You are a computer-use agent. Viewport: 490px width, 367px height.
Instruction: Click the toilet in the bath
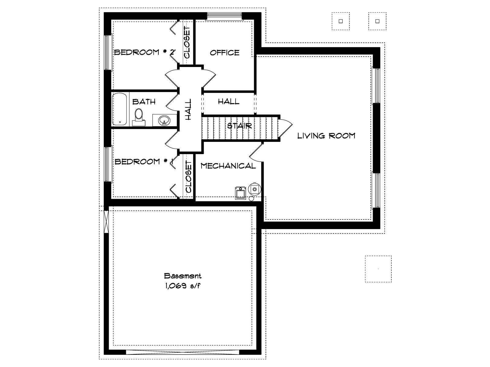tap(139, 117)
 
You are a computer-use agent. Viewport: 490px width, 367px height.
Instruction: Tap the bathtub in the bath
tap(119, 109)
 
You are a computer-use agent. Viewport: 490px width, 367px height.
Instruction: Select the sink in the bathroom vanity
tap(164, 120)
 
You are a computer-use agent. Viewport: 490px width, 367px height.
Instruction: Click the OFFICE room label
tap(224, 53)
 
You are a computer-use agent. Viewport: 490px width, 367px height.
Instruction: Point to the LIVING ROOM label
tap(326, 136)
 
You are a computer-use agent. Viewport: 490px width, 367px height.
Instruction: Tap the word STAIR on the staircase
tap(239, 126)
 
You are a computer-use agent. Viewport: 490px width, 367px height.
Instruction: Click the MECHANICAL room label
tap(228, 166)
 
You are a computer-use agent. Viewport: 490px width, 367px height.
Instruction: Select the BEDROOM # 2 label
tap(144, 52)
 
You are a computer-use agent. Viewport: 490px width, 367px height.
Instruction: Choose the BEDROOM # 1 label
tap(144, 161)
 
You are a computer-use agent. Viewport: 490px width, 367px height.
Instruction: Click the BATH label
tap(144, 102)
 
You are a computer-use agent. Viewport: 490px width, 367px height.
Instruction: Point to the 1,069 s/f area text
tap(183, 286)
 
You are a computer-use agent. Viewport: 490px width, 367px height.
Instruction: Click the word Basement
tap(183, 276)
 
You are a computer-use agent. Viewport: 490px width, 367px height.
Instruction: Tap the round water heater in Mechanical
tap(254, 189)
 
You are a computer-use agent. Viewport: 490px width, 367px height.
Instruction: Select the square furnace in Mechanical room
tap(241, 193)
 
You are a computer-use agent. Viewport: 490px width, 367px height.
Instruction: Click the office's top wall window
tap(224, 16)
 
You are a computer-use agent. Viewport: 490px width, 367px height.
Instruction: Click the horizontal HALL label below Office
tap(228, 102)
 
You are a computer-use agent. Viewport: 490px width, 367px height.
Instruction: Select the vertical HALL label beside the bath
tap(188, 109)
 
